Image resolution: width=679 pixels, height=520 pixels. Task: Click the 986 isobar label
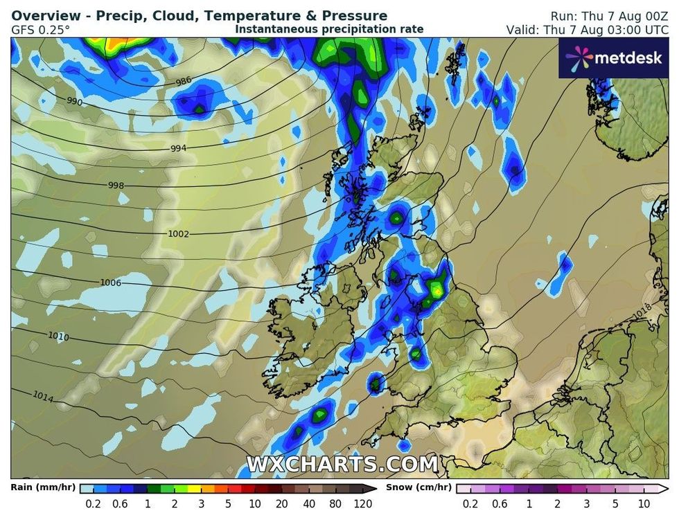pyautogui.click(x=183, y=82)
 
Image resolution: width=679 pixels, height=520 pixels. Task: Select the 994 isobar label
pyautogui.click(x=178, y=149)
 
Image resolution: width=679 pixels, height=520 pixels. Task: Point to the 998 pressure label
pyautogui.click(x=116, y=186)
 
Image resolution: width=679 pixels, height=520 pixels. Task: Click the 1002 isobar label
pyautogui.click(x=178, y=234)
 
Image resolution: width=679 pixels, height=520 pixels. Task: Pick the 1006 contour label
pyautogui.click(x=111, y=283)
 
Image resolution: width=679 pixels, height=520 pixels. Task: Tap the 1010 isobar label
pyautogui.click(x=58, y=336)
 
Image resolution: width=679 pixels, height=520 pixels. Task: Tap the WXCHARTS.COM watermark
pyautogui.click(x=342, y=464)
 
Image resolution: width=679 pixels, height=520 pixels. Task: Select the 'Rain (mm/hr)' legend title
pyautogui.click(x=39, y=487)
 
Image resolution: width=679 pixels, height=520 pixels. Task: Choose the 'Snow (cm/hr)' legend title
pyautogui.click(x=414, y=487)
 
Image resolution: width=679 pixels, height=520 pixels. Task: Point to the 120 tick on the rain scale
pyautogui.click(x=363, y=504)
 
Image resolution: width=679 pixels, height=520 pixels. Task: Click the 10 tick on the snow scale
pyautogui.click(x=644, y=504)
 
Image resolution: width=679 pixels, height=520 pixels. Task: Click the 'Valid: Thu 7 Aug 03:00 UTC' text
pyautogui.click(x=590, y=30)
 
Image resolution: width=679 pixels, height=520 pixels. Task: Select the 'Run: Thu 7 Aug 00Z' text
pyautogui.click(x=610, y=16)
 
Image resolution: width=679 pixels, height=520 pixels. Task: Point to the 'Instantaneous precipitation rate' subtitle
pyautogui.click(x=329, y=29)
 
